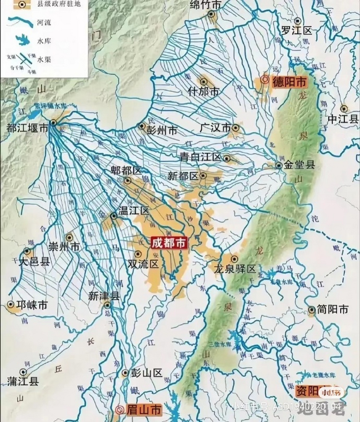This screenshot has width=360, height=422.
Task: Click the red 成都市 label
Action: (x=168, y=243)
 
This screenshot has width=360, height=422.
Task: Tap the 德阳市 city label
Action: (x=289, y=81)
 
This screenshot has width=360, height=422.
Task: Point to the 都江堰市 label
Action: (x=27, y=128)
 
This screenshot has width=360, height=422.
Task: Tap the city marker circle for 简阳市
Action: (x=312, y=310)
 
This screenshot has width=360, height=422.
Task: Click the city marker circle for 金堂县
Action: (x=279, y=166)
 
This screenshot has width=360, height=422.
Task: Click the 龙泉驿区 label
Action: (x=235, y=269)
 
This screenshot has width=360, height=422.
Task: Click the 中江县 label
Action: (x=343, y=119)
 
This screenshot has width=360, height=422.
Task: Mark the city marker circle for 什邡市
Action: (x=204, y=81)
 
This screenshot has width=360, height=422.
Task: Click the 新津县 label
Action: (x=104, y=296)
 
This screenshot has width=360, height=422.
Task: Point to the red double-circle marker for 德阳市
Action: (x=264, y=79)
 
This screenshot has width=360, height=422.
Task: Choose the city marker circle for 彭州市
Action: (x=142, y=126)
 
